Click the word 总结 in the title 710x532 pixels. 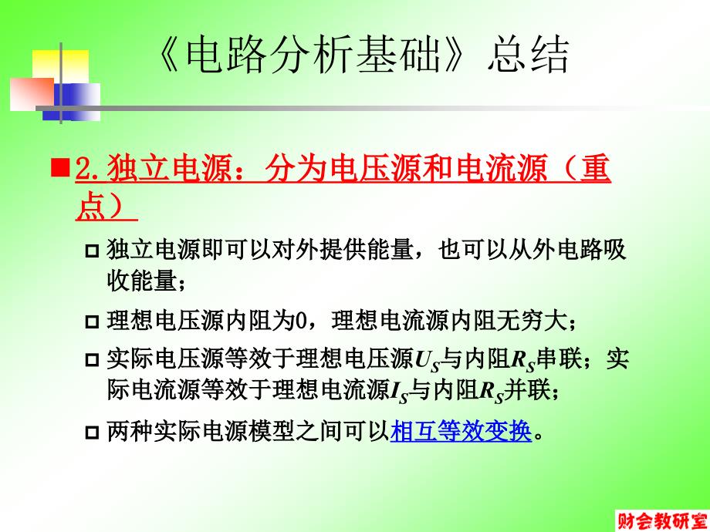click(528, 55)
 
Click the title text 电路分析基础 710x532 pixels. click(313, 55)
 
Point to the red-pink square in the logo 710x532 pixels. click(32, 94)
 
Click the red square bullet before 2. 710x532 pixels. click(60, 168)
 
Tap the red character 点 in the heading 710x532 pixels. click(91, 207)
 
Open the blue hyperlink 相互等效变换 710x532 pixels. click(461, 431)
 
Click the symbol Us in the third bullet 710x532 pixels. click(428, 361)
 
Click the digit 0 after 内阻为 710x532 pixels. click(301, 322)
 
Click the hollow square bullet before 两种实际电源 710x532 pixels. click(92, 433)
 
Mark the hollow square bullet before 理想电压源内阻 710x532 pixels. click(92, 322)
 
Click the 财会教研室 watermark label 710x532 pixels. click(662, 521)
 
